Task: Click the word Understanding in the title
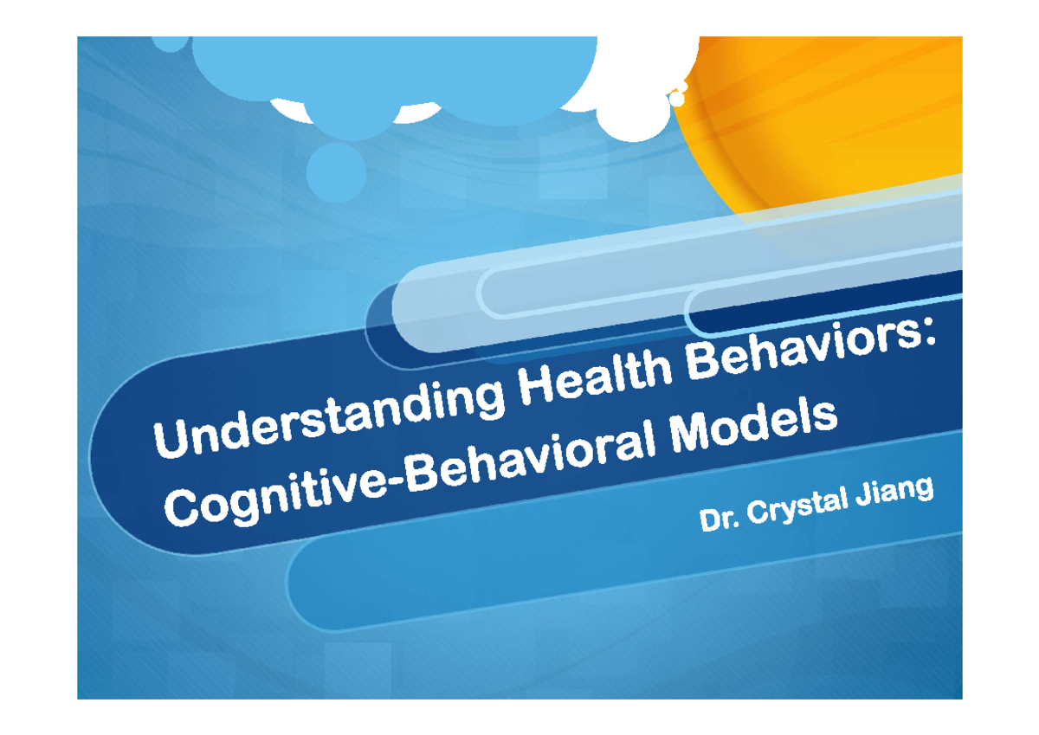[329, 419]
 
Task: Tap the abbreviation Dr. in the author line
[720, 519]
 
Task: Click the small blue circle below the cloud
[336, 172]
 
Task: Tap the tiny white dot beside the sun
[677, 99]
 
